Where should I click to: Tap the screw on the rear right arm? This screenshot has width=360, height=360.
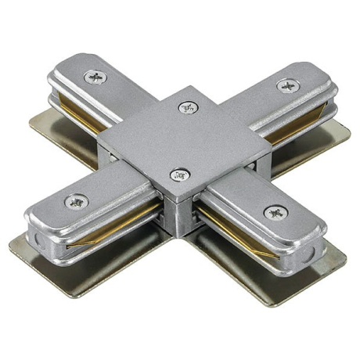[x=288, y=85]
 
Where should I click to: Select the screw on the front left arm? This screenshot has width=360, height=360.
[x=76, y=201]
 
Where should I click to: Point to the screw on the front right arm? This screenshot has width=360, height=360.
[x=275, y=212]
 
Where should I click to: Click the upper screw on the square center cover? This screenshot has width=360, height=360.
[x=187, y=107]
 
